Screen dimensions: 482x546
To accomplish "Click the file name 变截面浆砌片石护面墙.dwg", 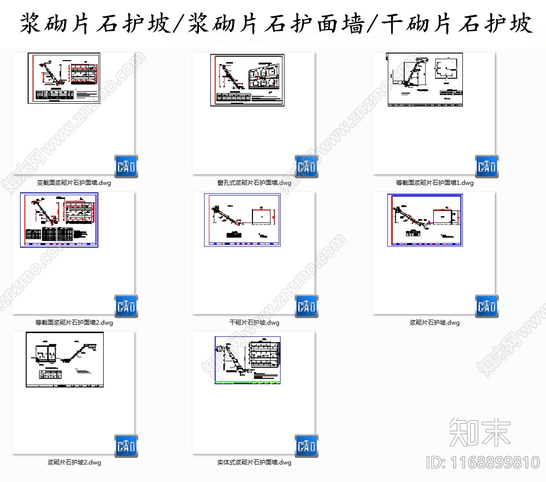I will pyautogui.click(x=74, y=183).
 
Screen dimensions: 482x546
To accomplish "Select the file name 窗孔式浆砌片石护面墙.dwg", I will pyautogui.click(x=254, y=183).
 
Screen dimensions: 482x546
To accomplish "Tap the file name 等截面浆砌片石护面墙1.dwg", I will pyautogui.click(x=434, y=183).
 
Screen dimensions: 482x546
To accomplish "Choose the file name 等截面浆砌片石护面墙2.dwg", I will pyautogui.click(x=74, y=323).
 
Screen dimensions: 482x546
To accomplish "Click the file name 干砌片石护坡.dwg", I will pyautogui.click(x=254, y=323).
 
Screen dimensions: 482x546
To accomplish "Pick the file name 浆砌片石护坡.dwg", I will pyautogui.click(x=434, y=323).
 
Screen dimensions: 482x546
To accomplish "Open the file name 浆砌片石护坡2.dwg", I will pyautogui.click(x=74, y=462).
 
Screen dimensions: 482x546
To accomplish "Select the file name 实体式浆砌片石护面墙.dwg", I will pyautogui.click(x=254, y=462).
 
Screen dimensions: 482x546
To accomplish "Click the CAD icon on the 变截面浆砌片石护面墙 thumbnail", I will pyautogui.click(x=126, y=166).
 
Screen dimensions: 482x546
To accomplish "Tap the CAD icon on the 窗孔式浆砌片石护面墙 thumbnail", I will pyautogui.click(x=306, y=166).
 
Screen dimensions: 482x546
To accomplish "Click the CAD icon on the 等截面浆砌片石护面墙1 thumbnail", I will pyautogui.click(x=486, y=166).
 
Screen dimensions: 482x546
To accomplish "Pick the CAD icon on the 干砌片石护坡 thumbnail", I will pyautogui.click(x=306, y=306).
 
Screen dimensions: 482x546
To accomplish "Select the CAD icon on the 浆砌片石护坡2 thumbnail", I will pyautogui.click(x=126, y=446).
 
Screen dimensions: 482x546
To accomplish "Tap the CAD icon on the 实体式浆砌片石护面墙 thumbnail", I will pyautogui.click(x=306, y=446).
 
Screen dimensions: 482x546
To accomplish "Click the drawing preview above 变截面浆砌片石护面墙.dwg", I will pyautogui.click(x=64, y=78).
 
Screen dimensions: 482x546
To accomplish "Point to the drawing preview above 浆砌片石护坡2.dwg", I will pyautogui.click(x=65, y=359).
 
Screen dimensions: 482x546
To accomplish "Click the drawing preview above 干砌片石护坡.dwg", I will pyautogui.click(x=242, y=220).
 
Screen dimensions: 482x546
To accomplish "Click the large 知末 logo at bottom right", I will pyautogui.click(x=479, y=432).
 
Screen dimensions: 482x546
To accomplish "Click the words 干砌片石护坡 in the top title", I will pyautogui.click(x=456, y=24).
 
